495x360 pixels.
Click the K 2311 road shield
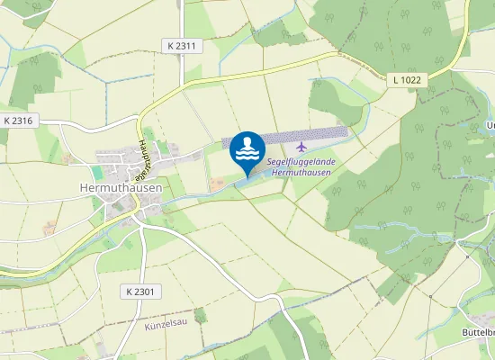181,45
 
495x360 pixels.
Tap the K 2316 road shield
19,120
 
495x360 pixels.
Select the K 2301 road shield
141,292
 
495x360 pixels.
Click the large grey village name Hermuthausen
121,187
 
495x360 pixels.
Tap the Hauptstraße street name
142,162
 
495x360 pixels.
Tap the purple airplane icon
301,146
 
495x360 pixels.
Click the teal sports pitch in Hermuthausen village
98,171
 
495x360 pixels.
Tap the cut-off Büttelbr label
479,332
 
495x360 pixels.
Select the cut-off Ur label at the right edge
490,125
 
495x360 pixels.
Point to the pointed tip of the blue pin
247,175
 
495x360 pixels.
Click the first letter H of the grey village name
85,187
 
